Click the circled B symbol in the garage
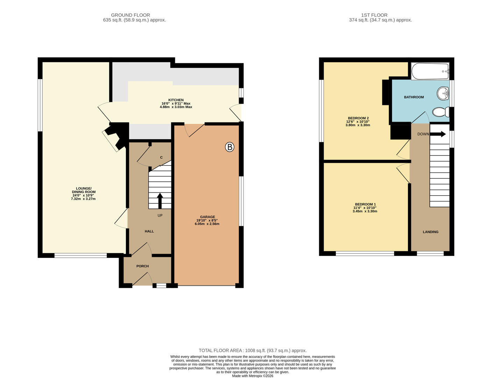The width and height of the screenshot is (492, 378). (x=230, y=147)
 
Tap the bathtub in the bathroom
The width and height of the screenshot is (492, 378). (x=430, y=71)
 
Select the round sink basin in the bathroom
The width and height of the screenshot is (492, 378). (x=443, y=93)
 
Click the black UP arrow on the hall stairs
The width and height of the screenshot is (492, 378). (x=160, y=201)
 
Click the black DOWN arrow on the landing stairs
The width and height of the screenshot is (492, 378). (x=438, y=134)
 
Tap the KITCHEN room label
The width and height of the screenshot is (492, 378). (x=176, y=100)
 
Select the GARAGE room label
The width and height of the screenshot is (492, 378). (x=208, y=217)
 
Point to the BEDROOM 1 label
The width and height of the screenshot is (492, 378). (x=365, y=204)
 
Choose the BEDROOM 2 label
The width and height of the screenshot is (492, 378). (x=358, y=118)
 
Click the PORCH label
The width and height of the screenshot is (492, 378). (x=142, y=266)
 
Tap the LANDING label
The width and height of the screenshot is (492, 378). (x=430, y=232)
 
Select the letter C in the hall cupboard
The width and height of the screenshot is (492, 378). (x=161, y=157)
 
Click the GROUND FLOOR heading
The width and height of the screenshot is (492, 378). (x=131, y=15)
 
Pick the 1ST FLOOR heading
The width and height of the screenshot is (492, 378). (x=374, y=15)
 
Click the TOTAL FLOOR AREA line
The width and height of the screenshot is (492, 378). (x=253, y=350)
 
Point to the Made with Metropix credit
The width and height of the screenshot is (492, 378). (x=253, y=376)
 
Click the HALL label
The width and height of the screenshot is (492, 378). (x=149, y=231)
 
